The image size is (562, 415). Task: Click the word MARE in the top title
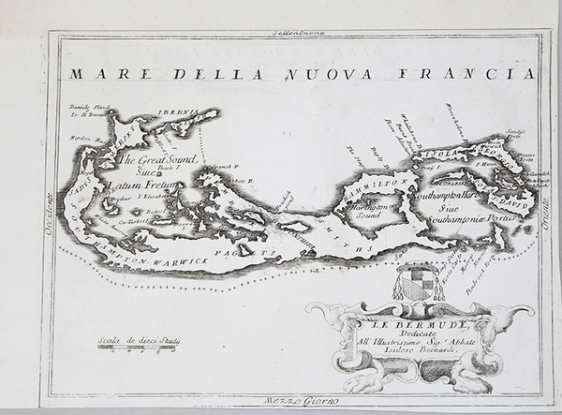(96, 73)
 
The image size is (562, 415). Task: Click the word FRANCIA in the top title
(490, 73)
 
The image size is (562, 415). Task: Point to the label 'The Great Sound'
(157, 160)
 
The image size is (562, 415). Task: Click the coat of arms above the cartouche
(417, 282)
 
